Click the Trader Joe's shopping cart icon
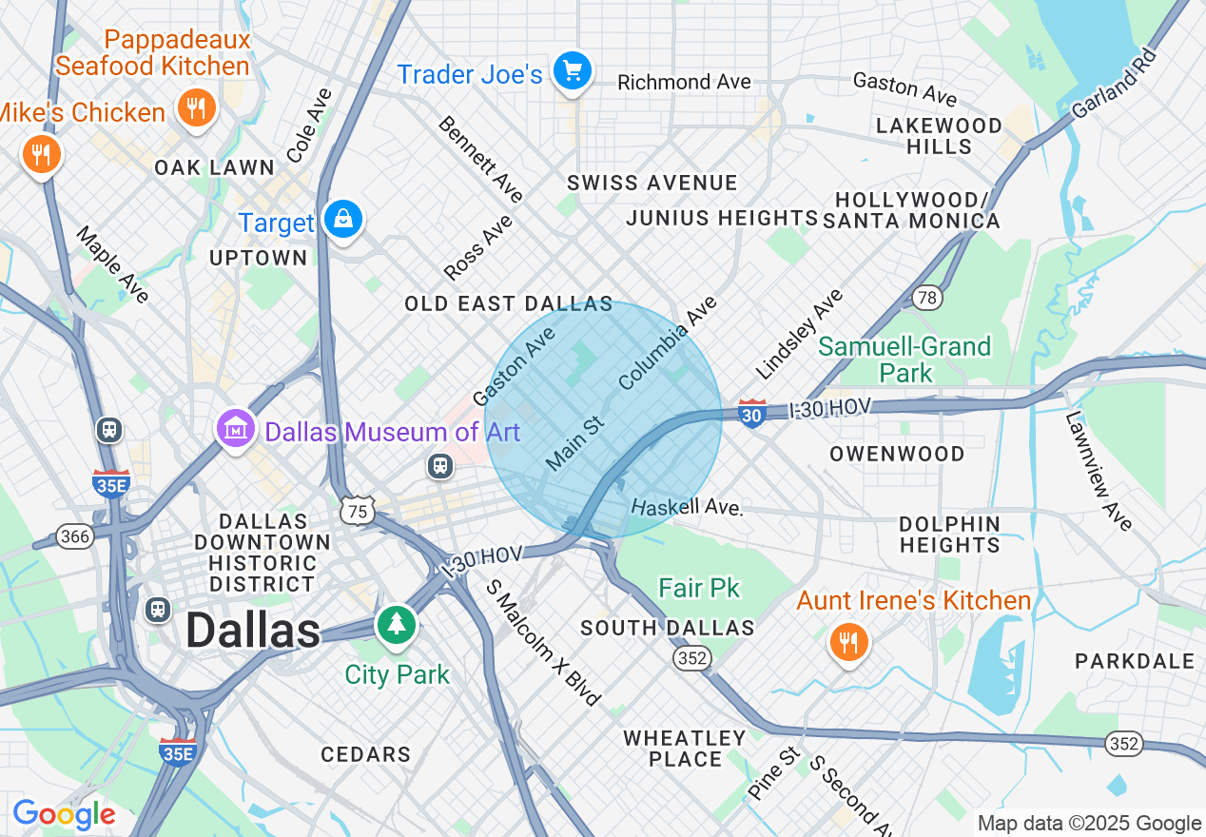[x=573, y=71]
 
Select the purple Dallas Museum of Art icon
[x=237, y=429]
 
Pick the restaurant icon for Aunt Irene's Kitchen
[x=845, y=643]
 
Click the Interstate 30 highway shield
[x=752, y=414]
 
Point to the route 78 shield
[x=926, y=298]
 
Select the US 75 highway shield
[x=360, y=510]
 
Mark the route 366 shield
[x=75, y=537]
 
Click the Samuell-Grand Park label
[x=904, y=359]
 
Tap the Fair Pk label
[x=699, y=588]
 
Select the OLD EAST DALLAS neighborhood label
[x=509, y=304]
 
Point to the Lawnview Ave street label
[x=1099, y=471]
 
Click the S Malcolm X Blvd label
[x=543, y=642]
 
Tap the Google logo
[x=64, y=814]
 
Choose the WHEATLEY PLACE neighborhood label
[x=685, y=749]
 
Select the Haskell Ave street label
[x=686, y=506]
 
